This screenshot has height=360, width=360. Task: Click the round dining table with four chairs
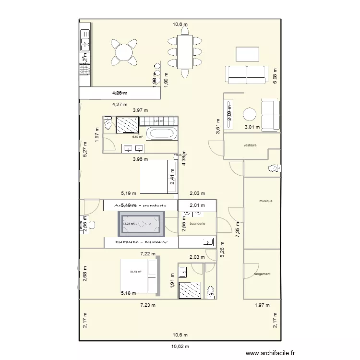[x=124, y=51]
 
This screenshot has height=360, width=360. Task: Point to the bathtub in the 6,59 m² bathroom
[x=158, y=134]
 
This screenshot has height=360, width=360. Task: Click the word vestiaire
[x=250, y=145]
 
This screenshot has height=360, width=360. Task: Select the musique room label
[x=265, y=201]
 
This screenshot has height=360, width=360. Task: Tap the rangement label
[x=262, y=274]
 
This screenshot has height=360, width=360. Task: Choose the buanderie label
[x=197, y=224]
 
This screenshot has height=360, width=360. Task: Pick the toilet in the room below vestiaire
[x=274, y=168]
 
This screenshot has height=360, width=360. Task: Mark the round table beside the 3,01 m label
[x=250, y=114]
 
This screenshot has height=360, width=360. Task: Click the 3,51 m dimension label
[x=217, y=126]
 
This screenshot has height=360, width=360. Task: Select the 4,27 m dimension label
[x=120, y=104]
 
